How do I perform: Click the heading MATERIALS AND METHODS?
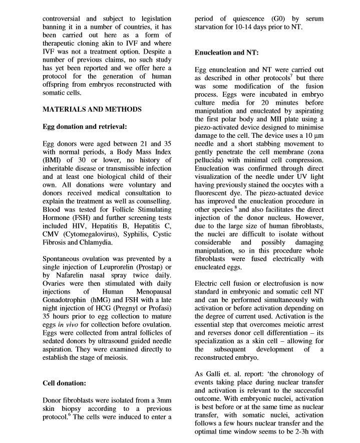click(92, 109)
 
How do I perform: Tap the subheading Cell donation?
click(65, 383)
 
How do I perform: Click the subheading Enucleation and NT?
click(226, 52)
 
